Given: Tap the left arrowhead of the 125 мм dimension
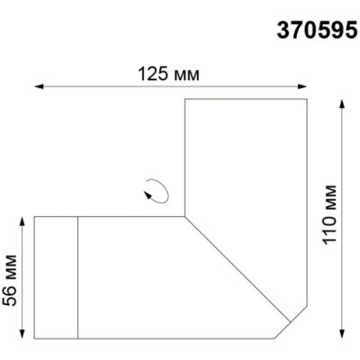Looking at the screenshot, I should point(38,86).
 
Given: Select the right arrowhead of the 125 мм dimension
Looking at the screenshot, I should point(305,86).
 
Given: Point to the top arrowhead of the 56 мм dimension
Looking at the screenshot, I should point(21,220).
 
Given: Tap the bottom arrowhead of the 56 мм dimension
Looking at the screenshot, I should point(21,337).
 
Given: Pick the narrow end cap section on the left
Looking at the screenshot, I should point(57,278).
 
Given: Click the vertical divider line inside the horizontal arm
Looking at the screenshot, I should point(79,278).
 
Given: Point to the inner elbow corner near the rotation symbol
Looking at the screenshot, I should point(184,216).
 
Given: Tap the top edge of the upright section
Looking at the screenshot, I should point(246,98).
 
